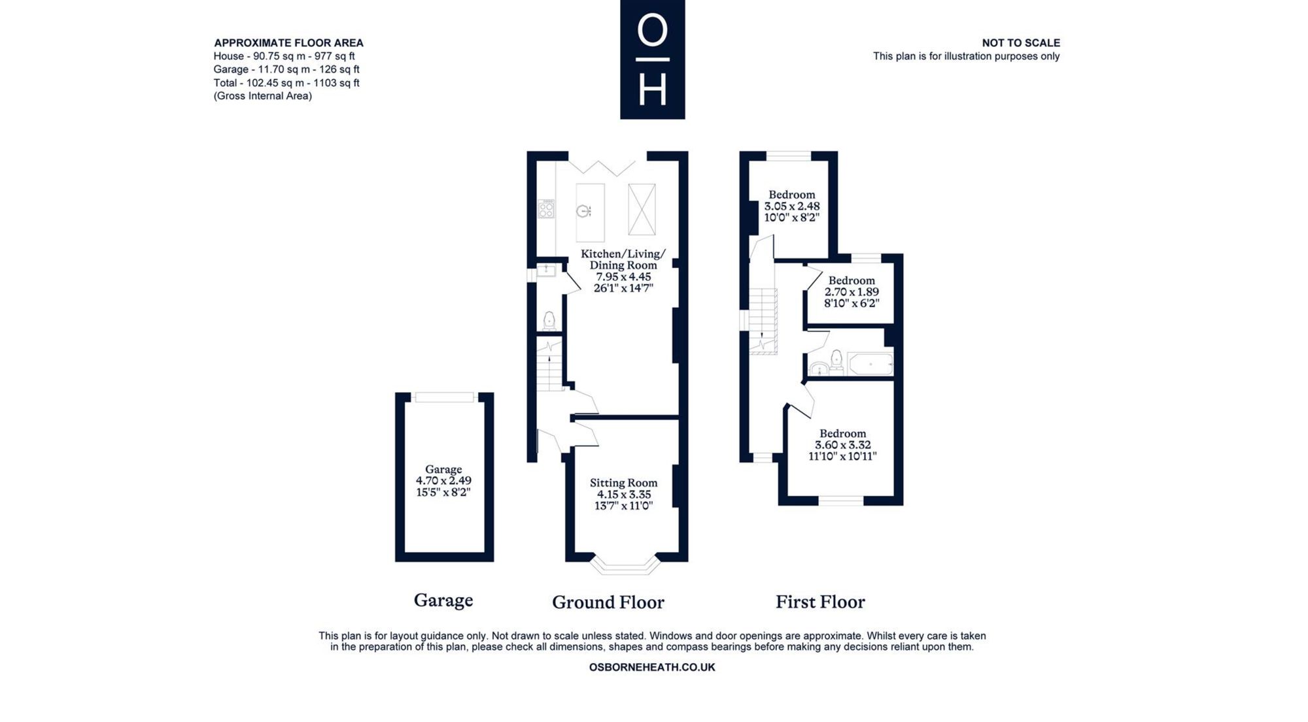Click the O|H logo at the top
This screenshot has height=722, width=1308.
point(652,59)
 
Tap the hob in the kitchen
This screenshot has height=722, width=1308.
point(546,209)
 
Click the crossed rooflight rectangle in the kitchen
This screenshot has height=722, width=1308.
point(642,209)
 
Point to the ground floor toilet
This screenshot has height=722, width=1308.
point(549,320)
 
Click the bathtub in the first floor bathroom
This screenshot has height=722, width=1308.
point(870,364)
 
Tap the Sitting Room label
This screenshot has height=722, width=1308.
point(623,483)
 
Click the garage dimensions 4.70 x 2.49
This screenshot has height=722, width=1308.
point(443,480)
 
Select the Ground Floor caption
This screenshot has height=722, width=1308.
point(608,602)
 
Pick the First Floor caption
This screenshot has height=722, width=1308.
point(820,602)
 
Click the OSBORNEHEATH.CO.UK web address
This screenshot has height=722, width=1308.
point(652,667)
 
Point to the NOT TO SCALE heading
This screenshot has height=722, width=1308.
point(1021,43)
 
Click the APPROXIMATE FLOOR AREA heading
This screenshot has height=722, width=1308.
point(288,43)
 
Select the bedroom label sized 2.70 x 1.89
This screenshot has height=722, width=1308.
point(852,291)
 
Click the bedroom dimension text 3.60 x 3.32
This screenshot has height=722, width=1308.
point(842,445)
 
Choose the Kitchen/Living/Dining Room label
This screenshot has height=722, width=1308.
point(623,259)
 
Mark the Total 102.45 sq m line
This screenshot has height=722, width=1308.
point(286,83)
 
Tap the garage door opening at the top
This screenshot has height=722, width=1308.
point(445,397)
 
